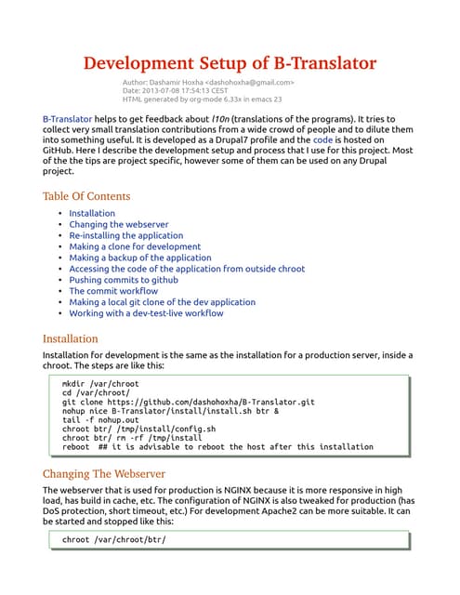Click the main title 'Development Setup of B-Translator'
[x=230, y=63]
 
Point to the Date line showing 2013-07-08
[x=175, y=91]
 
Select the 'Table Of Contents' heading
[x=86, y=196]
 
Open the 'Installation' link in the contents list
[x=92, y=214]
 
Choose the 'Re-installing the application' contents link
[x=126, y=236]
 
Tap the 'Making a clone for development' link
[x=135, y=247]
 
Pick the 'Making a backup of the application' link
[x=140, y=258]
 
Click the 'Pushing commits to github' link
[x=125, y=280]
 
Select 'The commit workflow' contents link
[x=113, y=291]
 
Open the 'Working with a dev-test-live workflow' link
[x=146, y=313]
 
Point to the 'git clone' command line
[x=187, y=403]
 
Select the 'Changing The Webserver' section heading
[x=105, y=473]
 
